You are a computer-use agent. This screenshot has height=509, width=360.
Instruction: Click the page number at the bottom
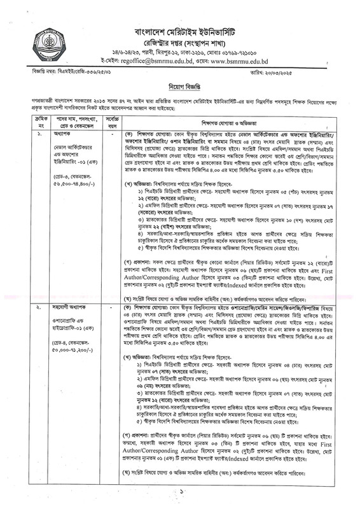181,491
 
